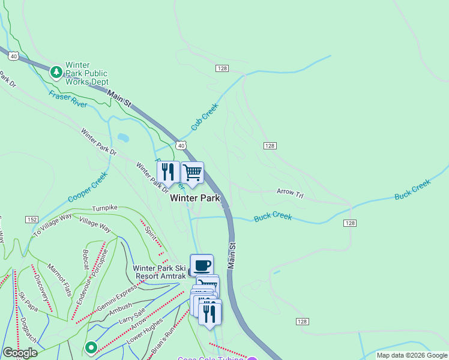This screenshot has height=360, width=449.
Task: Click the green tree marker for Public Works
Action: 56,73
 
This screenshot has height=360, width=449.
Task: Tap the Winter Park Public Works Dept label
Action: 87,73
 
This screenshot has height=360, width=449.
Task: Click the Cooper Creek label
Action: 87,187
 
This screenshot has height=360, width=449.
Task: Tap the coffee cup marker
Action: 202,265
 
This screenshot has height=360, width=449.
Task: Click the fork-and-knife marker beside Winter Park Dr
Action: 168,173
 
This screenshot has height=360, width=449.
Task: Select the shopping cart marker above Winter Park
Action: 192,173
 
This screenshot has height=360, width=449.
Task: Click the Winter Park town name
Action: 195,198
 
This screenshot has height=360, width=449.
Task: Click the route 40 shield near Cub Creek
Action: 181,145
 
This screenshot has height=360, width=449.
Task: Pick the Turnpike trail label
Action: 105,208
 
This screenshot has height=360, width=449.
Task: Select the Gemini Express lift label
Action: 116,300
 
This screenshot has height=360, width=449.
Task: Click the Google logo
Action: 19,353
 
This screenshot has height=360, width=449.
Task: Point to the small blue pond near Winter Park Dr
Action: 122,138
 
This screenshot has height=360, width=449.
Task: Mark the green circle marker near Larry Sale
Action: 91,347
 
